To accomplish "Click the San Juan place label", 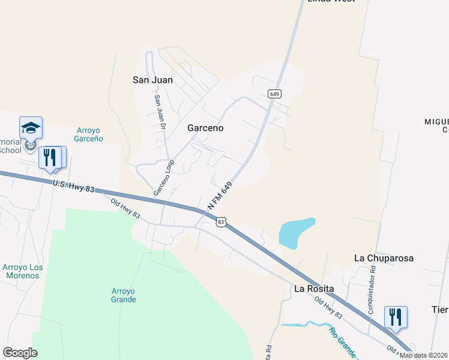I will (x=152, y=80).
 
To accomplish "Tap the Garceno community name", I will (x=205, y=128).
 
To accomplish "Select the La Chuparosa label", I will (x=384, y=258).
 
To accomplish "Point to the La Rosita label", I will (x=313, y=288).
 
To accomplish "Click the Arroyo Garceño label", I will (x=90, y=134).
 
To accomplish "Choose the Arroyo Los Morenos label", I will (x=20, y=271).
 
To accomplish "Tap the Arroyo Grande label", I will (x=124, y=295).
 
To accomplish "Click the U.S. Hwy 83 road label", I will (x=74, y=186).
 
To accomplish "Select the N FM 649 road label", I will (x=220, y=196).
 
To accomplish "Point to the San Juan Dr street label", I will (x=160, y=112).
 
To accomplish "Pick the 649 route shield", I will (x=275, y=94).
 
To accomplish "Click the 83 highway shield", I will (x=221, y=222).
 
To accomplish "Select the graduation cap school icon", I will (x=31, y=127).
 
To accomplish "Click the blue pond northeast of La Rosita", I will (x=296, y=233).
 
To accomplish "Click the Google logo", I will (x=20, y=353).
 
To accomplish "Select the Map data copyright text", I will (x=423, y=355).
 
